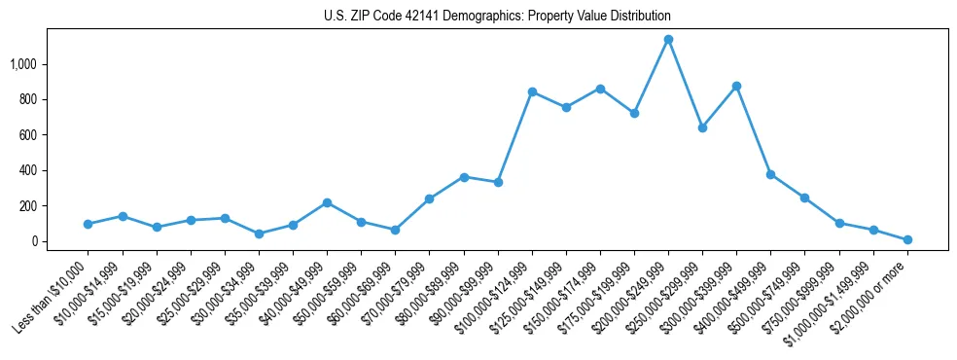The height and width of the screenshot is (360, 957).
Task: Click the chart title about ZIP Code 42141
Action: point(497,17)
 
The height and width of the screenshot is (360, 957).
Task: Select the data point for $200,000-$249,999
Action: point(668,40)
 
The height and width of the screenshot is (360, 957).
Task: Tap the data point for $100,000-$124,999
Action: point(532,91)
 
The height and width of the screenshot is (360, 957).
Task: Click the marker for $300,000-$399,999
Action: point(736,86)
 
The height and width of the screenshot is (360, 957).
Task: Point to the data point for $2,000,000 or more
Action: point(907,239)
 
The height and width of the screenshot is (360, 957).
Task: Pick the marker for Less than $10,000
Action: point(89,224)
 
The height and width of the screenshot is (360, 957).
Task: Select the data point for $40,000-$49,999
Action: point(327,202)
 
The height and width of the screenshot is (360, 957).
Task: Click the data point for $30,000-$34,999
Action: point(259,234)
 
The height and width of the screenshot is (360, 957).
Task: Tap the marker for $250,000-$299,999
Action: point(702,127)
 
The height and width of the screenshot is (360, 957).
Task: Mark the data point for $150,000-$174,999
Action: point(600,89)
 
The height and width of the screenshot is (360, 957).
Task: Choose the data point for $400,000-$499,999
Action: point(770,174)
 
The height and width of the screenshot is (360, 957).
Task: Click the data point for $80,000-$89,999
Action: point(464,177)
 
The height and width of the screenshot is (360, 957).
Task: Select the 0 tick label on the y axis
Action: point(38,241)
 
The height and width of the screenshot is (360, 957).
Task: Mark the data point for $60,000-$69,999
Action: point(395,230)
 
